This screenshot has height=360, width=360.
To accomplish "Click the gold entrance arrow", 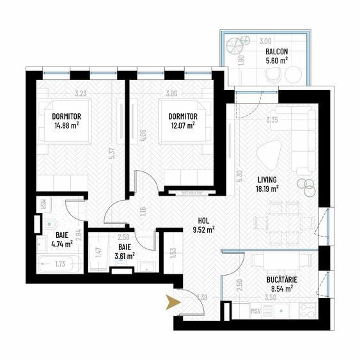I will coord(172,302).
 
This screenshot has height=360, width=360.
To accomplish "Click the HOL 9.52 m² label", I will coord(203,223).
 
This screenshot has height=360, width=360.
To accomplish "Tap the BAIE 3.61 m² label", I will coord(125,251).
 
